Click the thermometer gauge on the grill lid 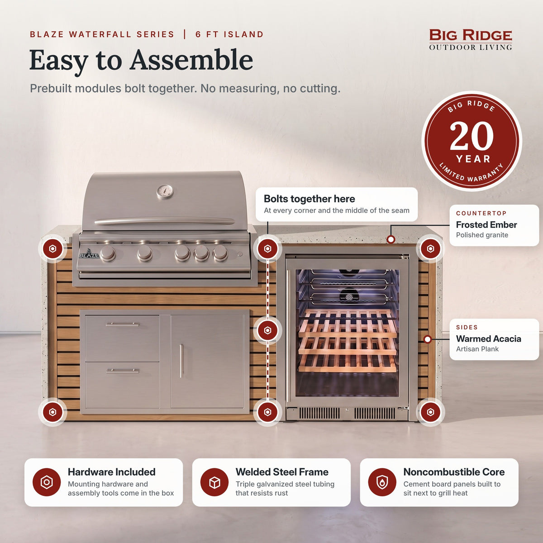pyautogui.click(x=165, y=191)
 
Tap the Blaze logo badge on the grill pyautogui.click(x=89, y=254)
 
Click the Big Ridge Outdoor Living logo pyautogui.click(x=470, y=40)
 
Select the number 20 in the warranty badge pyautogui.click(x=472, y=136)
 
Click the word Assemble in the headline pyautogui.click(x=191, y=60)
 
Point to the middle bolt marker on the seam pyautogui.click(x=267, y=330)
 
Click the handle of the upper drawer pyautogui.click(x=122, y=324)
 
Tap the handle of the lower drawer pyautogui.click(x=122, y=371)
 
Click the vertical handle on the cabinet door pyautogui.click(x=181, y=361)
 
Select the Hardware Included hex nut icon pyautogui.click(x=47, y=482)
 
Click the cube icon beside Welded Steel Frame pyautogui.click(x=214, y=482)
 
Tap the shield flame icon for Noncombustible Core pyautogui.click(x=382, y=482)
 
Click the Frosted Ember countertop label pyautogui.click(x=486, y=224)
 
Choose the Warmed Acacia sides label pyautogui.click(x=488, y=338)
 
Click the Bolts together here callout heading pyautogui.click(x=309, y=199)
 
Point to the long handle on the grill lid pyautogui.click(x=165, y=221)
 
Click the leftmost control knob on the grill pyautogui.click(x=108, y=252)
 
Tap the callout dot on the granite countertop pyautogui.click(x=391, y=239)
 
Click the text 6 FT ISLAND pyautogui.click(x=229, y=34)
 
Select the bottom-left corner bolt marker pyautogui.click(x=52, y=412)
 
